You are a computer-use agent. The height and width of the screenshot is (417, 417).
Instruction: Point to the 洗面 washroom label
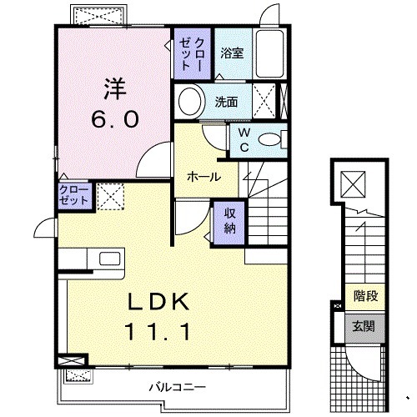[226, 103]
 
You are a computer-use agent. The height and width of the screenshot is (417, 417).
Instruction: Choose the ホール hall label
[203, 177]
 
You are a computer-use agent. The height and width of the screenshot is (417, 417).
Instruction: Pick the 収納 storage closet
[229, 219]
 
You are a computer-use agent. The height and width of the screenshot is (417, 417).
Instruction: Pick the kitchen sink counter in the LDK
[91, 260]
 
